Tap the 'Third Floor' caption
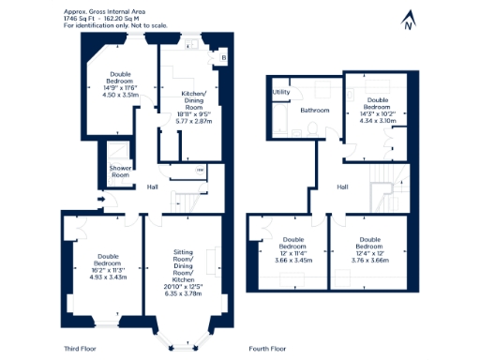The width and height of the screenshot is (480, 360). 82,349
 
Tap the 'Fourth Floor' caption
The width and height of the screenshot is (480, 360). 267,349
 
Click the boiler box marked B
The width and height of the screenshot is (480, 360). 222,58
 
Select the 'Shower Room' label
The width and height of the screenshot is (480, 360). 120,172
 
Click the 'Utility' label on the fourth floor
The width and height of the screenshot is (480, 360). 281,92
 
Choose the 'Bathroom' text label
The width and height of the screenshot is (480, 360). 315,111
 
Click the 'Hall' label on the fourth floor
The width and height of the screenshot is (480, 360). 343,187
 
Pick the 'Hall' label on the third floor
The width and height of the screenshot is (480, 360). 152,187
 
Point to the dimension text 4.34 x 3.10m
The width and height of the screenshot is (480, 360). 378,121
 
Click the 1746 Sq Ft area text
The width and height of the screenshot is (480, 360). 82,18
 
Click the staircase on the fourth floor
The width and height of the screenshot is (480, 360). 385,192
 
